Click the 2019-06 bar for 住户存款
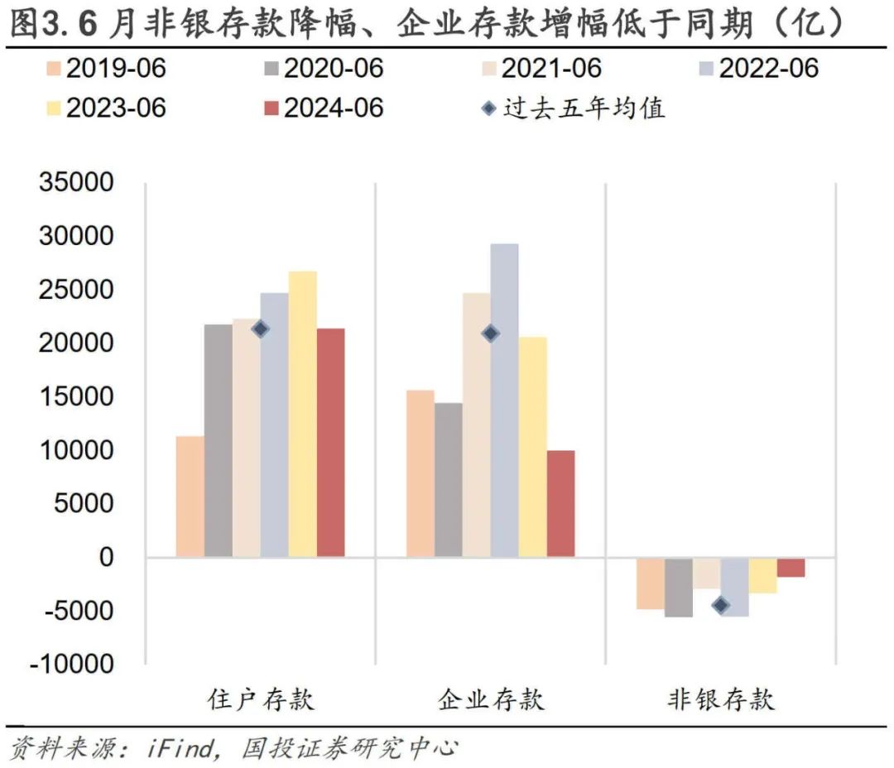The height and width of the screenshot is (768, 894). [x=190, y=496]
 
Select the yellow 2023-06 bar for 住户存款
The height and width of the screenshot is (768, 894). [x=302, y=414]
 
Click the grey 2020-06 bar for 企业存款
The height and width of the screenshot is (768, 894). [x=448, y=479]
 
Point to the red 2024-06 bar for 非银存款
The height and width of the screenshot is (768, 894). [x=791, y=567]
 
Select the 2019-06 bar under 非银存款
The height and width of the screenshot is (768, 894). [x=650, y=583]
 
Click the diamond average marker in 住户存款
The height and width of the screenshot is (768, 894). [x=260, y=329]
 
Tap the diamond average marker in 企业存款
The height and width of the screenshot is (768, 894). [x=490, y=334]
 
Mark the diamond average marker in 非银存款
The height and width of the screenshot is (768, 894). [x=720, y=605]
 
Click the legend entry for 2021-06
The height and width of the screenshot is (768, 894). [x=538, y=68]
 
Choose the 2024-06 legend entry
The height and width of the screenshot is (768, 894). [x=320, y=108]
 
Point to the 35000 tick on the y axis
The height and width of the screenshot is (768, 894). [x=75, y=183]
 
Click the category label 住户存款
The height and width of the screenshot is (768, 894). [x=261, y=700]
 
